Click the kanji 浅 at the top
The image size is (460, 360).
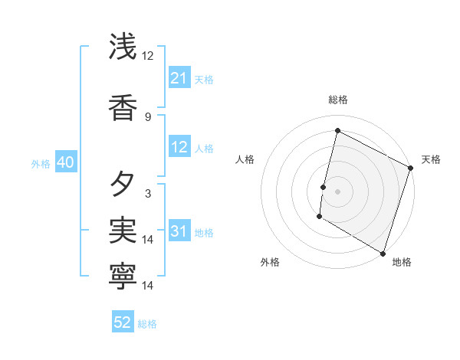tap(123, 47)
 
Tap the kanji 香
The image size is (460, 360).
tap(123, 108)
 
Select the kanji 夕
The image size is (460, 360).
tap(123, 185)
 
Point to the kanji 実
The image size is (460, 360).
tap(123, 229)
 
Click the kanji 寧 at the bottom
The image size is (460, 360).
tap(123, 275)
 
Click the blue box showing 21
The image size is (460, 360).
tap(179, 78)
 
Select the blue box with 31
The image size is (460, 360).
tap(179, 231)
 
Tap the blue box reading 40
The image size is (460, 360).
tap(65, 162)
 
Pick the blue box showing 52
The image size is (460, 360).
tap(123, 322)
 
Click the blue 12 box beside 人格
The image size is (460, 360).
tap(179, 147)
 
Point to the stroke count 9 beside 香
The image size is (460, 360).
tap(147, 117)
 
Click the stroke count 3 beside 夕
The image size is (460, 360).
tap(147, 194)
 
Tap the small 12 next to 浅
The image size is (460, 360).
tap(147, 56)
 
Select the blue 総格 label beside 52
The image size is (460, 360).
tap(147, 324)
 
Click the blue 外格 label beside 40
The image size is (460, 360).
tap(41, 163)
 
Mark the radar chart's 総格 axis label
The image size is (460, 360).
tap(337, 100)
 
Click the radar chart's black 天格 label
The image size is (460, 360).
tap(431, 159)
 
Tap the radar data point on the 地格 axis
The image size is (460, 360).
tap(383, 253)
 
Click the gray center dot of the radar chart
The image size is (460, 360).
tap(337, 191)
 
